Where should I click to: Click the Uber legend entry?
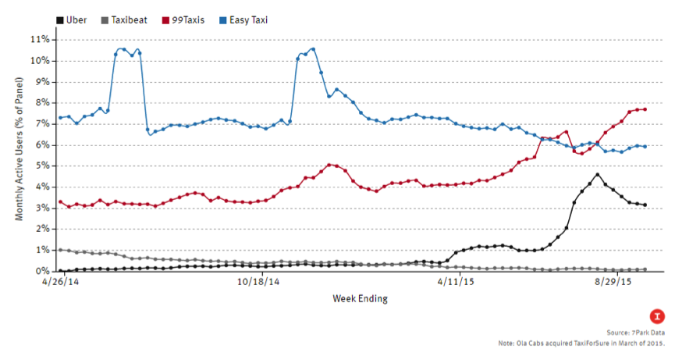pyautogui.click(x=75, y=20)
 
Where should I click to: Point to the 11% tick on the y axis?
pyautogui.click(x=39, y=39)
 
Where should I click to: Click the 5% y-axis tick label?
pyautogui.click(x=41, y=166)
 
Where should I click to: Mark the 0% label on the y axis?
pyautogui.click(x=41, y=271)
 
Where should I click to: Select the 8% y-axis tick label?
pyautogui.click(x=41, y=102)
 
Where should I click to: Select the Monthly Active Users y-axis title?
pyautogui.click(x=20, y=155)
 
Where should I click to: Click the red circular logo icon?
pyautogui.click(x=659, y=315)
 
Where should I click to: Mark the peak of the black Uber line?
pyautogui.click(x=597, y=174)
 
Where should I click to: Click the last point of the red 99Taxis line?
pyautogui.click(x=644, y=109)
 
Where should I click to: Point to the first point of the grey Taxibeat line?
pyautogui.click(x=61, y=250)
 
